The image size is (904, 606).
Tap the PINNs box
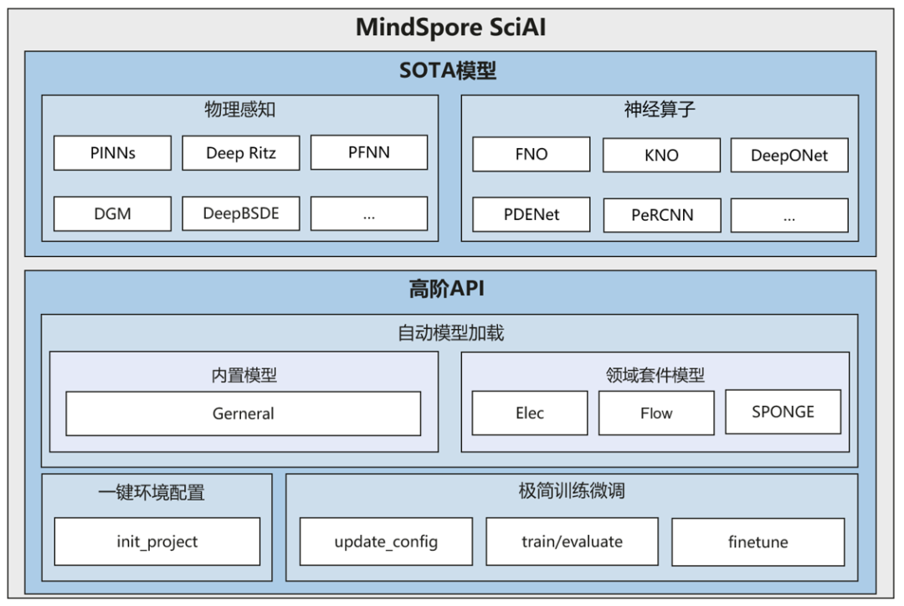(x=112, y=153)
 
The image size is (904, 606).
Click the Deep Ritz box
(x=240, y=153)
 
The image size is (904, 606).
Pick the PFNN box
(x=369, y=152)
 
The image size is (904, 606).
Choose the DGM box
(x=112, y=213)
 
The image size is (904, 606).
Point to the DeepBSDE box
(x=240, y=213)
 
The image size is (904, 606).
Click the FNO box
(x=532, y=155)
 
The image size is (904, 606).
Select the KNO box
(x=661, y=155)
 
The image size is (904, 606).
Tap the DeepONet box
(x=789, y=155)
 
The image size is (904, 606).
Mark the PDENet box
(x=532, y=214)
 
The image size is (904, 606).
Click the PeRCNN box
(x=661, y=215)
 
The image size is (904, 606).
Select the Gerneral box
(x=243, y=413)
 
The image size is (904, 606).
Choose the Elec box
(x=530, y=413)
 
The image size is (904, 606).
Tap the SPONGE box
(x=783, y=411)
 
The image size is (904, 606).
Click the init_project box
(x=157, y=542)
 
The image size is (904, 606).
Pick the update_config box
(x=386, y=542)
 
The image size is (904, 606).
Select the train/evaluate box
(x=572, y=542)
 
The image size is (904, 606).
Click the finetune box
(x=758, y=542)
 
